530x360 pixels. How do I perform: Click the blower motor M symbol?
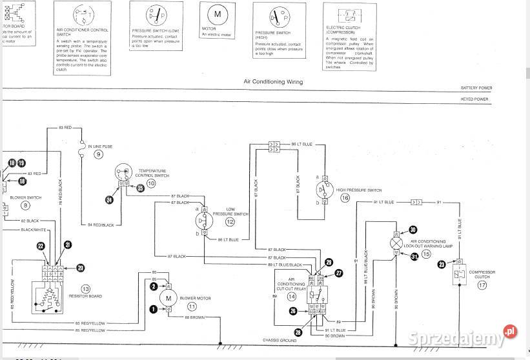pos(168,297)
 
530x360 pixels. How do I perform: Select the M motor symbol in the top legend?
pos(217,14)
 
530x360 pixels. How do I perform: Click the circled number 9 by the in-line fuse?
pos(99,154)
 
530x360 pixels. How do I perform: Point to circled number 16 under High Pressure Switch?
pos(345,199)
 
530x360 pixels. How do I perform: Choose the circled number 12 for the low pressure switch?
pos(230,221)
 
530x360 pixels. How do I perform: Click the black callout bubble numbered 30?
pos(413,229)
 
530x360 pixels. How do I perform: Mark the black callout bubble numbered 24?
pos(108,201)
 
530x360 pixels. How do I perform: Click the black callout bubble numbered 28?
pos(299,333)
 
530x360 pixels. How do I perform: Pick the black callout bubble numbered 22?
pos(40,246)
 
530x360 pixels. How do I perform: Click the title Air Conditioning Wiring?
pos(272,82)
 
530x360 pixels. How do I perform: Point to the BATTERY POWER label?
pos(476,88)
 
